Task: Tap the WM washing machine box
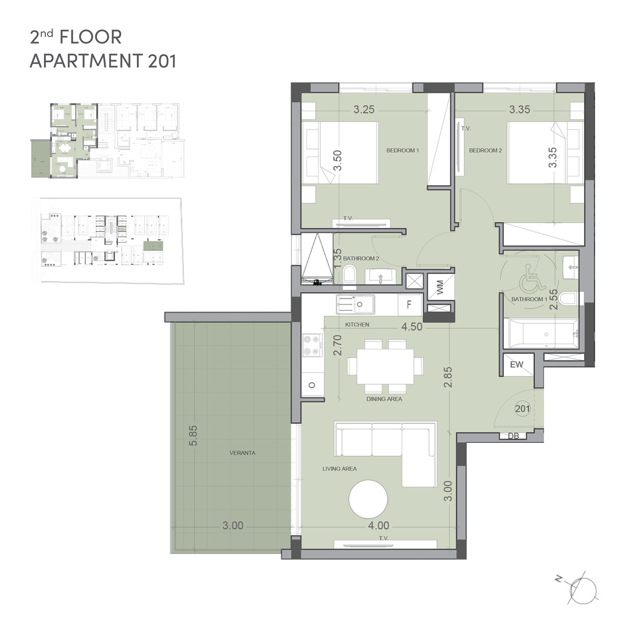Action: [x=440, y=287]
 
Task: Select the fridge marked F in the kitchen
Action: [x=409, y=305]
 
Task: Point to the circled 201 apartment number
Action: [x=522, y=409]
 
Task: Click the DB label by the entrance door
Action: [x=514, y=436]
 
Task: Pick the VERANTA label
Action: [x=243, y=453]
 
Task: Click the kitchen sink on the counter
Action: [x=355, y=305]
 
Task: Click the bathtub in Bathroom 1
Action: [x=541, y=334]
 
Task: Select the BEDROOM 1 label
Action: [x=402, y=151]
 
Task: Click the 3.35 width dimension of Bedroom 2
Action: [x=520, y=110]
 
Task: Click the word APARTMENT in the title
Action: [x=86, y=61]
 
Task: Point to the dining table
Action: [x=385, y=366]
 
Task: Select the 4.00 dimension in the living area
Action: [x=379, y=526]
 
